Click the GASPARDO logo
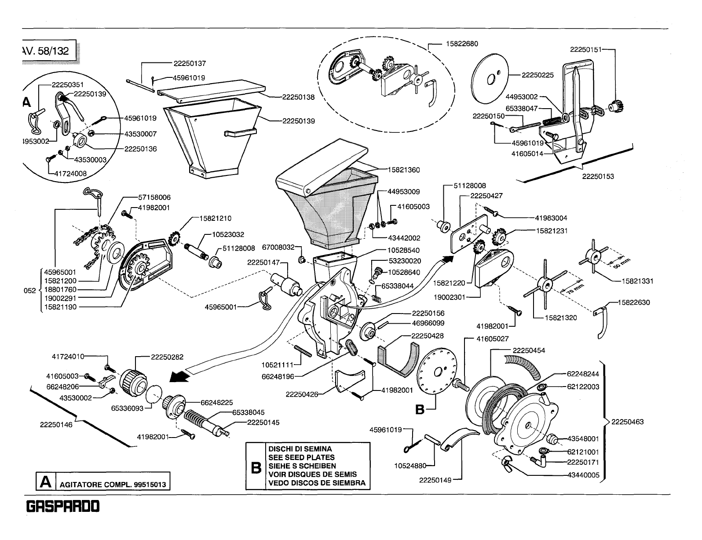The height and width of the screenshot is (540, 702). tap(64, 507)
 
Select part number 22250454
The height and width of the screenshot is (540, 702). tap(530, 350)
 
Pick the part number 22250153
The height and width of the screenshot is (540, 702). tap(598, 176)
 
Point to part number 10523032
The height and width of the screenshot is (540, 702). tap(227, 235)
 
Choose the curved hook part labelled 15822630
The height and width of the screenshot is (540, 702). tap(601, 325)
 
